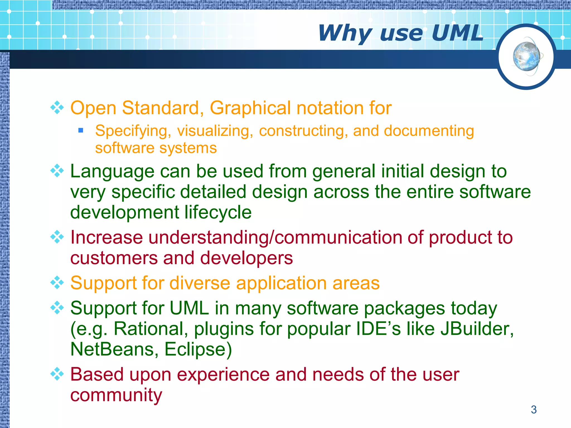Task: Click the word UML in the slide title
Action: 457,33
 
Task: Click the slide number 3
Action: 534,410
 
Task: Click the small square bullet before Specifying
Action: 81,130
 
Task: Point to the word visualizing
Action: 215,131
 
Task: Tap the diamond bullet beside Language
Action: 57,171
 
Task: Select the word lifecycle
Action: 218,212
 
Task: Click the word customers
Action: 114,258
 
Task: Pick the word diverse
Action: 200,283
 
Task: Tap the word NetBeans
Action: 112,349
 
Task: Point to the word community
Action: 116,395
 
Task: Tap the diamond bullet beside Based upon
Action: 57,374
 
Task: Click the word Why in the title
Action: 345,33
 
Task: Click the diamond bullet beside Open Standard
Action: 57,108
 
